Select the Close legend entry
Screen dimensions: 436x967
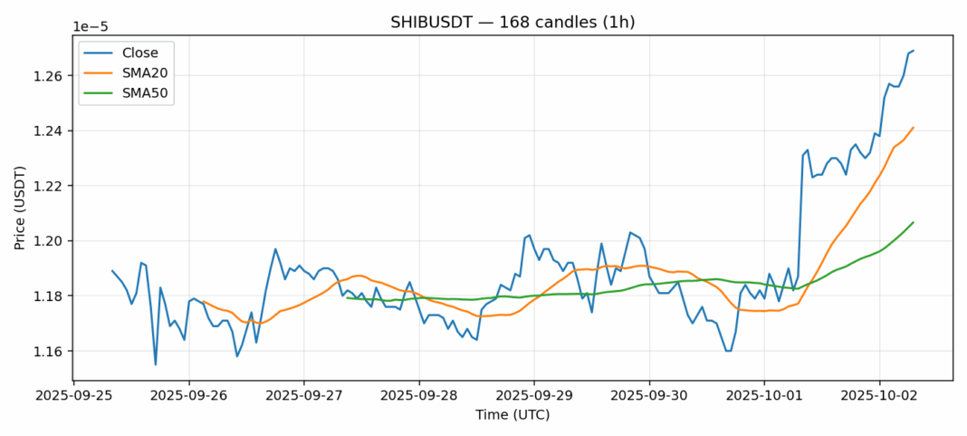(140, 53)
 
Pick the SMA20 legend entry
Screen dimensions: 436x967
(145, 73)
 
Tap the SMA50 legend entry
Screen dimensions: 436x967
(145, 92)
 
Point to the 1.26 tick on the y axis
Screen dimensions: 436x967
(51, 76)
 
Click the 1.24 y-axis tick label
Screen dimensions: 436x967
(51, 131)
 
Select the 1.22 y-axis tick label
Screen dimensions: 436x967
(51, 186)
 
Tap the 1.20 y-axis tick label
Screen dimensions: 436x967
(51, 241)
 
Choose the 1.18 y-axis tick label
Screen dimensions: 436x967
(51, 296)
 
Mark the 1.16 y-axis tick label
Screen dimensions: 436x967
(51, 352)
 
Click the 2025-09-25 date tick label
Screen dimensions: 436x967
(74, 396)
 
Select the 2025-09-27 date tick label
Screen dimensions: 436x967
(304, 396)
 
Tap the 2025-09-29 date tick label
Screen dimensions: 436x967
(534, 396)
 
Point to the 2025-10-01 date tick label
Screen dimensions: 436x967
(764, 396)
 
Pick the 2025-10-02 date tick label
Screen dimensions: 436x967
(879, 396)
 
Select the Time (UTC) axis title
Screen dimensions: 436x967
(512, 415)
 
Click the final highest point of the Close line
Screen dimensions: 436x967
(913, 51)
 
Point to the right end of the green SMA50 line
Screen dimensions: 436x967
(913, 222)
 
